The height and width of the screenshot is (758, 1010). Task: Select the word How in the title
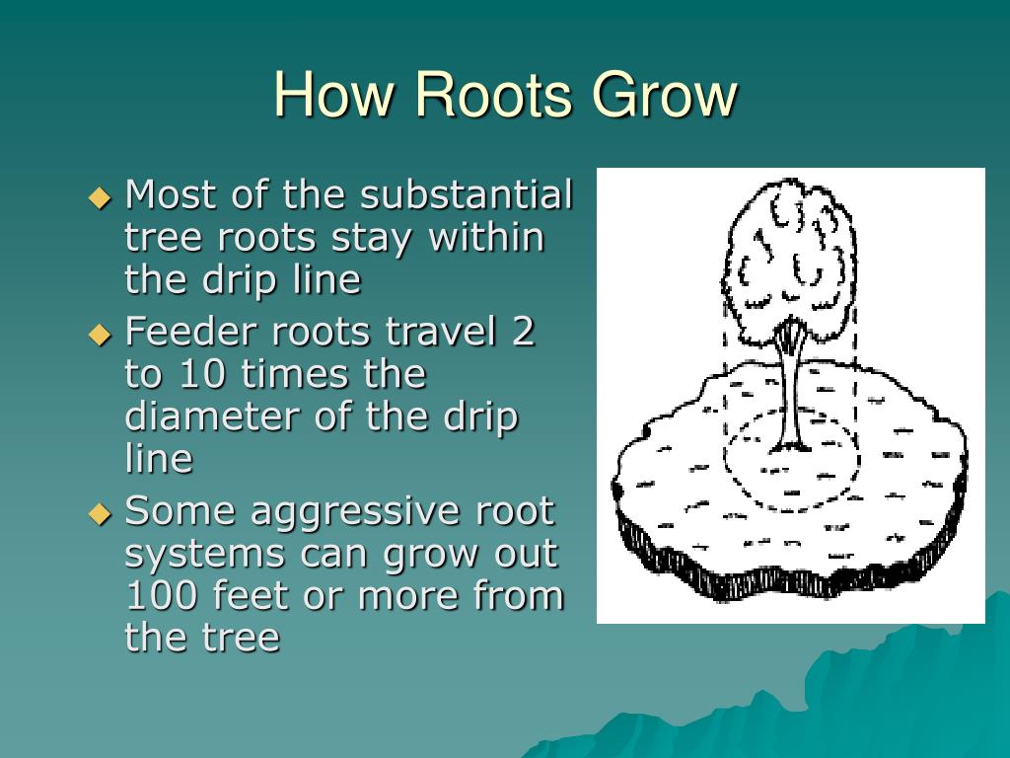(x=336, y=96)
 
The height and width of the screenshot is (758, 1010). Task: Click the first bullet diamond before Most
(x=101, y=196)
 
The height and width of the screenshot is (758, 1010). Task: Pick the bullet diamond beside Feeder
(x=101, y=334)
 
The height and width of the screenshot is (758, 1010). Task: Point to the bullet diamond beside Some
(x=101, y=513)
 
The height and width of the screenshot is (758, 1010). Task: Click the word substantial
(x=466, y=195)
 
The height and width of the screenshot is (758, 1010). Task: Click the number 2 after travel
(x=523, y=333)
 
